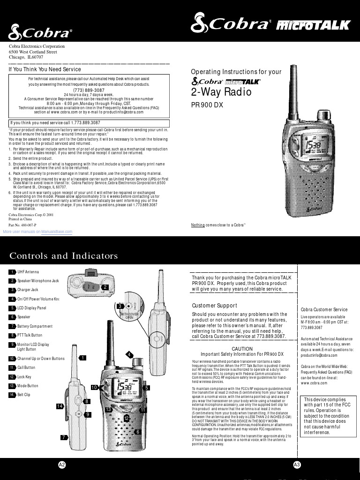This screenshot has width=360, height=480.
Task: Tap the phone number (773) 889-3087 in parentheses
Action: click(x=89, y=90)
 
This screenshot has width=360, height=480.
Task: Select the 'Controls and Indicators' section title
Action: click(x=64, y=256)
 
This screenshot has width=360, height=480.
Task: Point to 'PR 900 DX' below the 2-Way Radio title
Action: click(x=207, y=105)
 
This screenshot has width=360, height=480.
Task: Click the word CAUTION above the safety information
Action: click(x=242, y=349)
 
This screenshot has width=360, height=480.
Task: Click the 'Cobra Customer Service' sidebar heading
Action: click(x=324, y=309)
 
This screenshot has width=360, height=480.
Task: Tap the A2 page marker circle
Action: click(x=62, y=465)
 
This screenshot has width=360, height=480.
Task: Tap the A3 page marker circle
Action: click(x=296, y=465)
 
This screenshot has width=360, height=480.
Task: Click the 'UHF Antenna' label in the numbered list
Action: click(x=28, y=272)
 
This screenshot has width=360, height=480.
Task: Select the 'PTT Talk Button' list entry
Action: click(x=30, y=335)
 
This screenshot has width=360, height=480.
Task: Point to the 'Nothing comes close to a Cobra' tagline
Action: click(x=218, y=225)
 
